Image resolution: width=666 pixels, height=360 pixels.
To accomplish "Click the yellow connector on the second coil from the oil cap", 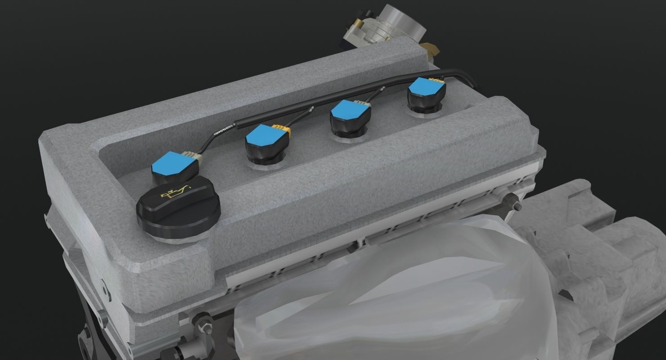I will pos(287,132).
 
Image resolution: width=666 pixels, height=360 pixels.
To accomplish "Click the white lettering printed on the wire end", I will pos(221,132).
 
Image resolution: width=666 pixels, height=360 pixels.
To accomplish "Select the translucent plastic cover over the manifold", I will pos(382,288).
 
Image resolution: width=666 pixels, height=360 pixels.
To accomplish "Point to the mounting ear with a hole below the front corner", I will pos(103,290).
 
